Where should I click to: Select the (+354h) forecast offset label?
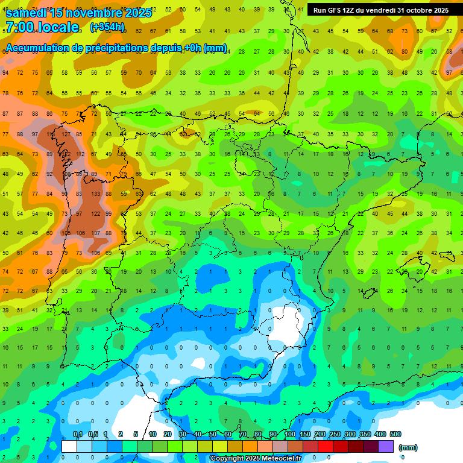point(107,27)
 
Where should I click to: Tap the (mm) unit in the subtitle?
point(215,48)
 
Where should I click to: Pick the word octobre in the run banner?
point(416,10)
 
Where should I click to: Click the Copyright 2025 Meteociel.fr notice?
point(256,459)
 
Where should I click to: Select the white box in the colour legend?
point(69,447)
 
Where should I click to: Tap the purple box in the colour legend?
point(386,447)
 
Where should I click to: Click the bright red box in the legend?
point(326,447)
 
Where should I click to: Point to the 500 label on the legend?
point(395,435)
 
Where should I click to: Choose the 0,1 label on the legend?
point(78,435)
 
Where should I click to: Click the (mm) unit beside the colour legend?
point(408,447)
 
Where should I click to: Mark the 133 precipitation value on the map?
point(95,194)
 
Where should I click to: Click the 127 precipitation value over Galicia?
point(66,134)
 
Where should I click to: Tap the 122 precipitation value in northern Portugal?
point(95,213)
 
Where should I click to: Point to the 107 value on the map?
point(95,233)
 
